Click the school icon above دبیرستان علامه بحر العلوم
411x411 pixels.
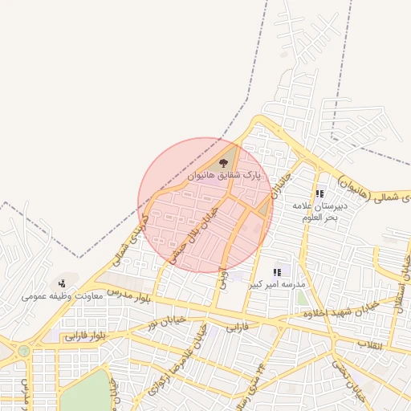pyautogui.click(x=319, y=193)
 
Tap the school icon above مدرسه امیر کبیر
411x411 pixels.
pyautogui.click(x=277, y=272)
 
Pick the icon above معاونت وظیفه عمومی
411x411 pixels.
pyautogui.click(x=62, y=283)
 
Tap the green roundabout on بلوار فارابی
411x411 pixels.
pyautogui.click(x=24, y=351)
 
